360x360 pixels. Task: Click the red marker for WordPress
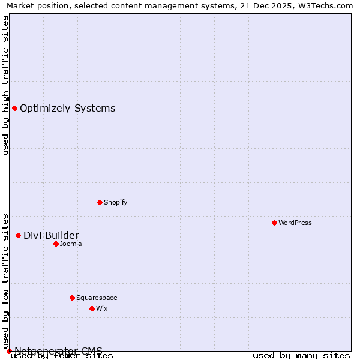(x=274, y=223)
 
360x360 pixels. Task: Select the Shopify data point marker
(x=100, y=202)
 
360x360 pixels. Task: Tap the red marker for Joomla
(x=56, y=244)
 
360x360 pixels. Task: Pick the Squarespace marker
(x=72, y=298)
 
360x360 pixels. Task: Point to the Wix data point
(x=92, y=308)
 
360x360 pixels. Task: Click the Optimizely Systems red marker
(x=14, y=108)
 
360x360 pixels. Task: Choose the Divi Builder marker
(x=18, y=235)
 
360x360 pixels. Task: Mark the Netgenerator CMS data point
(x=9, y=351)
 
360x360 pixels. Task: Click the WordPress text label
(x=295, y=223)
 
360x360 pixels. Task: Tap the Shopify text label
(x=116, y=202)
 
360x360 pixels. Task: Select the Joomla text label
(x=71, y=244)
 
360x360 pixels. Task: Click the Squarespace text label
(x=97, y=298)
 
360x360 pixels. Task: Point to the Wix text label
(x=102, y=308)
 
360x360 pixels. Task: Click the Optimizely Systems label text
(x=68, y=108)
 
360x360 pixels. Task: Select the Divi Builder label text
(x=51, y=235)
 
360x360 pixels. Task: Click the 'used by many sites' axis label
(x=301, y=355)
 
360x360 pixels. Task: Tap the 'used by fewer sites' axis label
(x=62, y=355)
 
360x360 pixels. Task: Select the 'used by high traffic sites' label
(x=5, y=85)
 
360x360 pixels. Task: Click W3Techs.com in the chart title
(x=325, y=6)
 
